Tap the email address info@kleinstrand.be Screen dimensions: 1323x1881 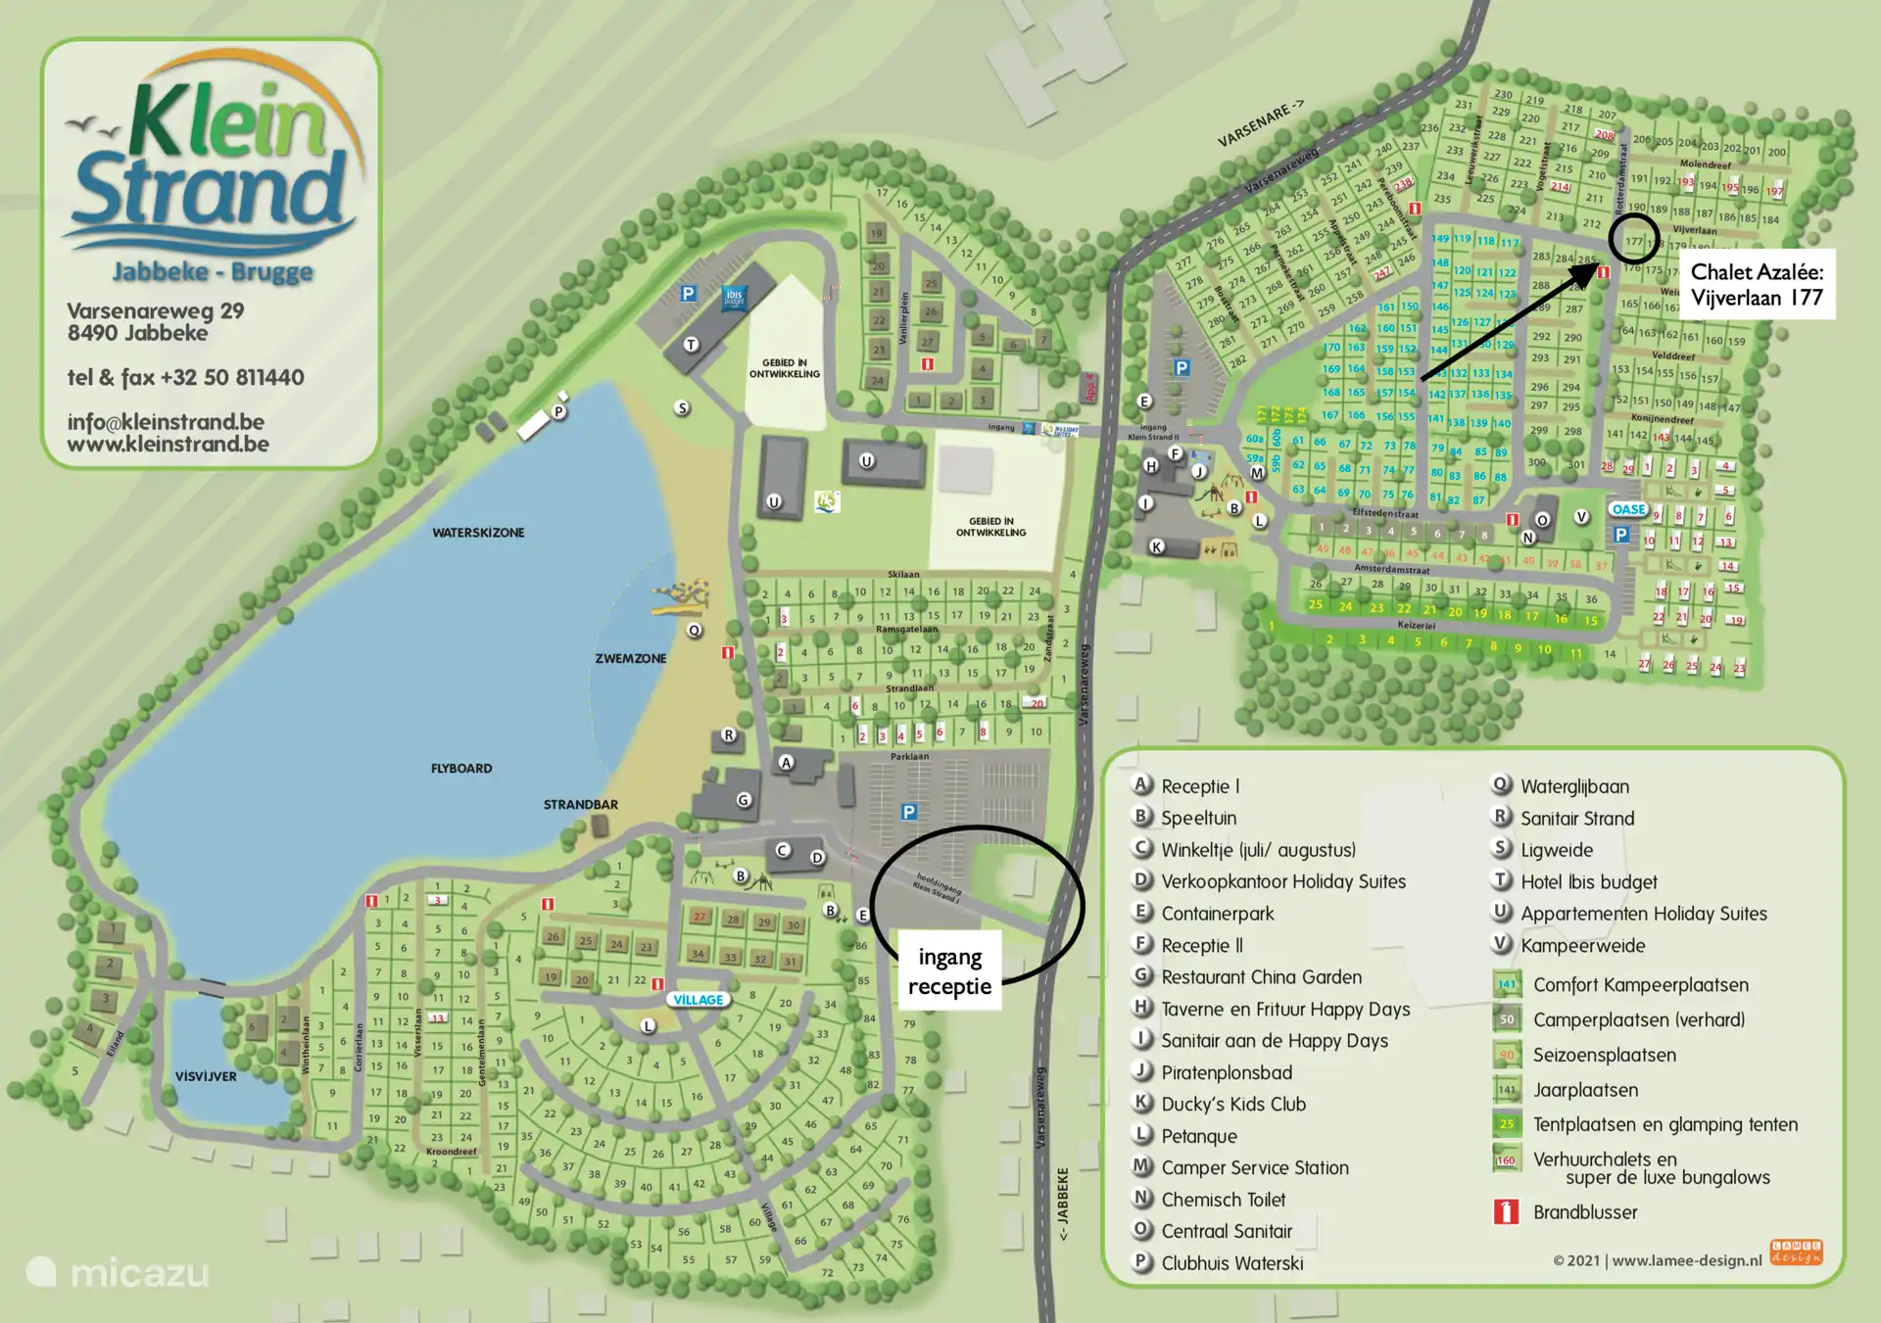tap(166, 421)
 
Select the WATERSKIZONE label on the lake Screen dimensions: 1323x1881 tap(478, 533)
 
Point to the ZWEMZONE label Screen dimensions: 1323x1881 tap(630, 658)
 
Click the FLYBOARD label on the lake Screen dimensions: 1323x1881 tap(461, 769)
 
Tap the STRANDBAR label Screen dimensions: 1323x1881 tap(580, 805)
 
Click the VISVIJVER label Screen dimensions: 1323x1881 tap(206, 1076)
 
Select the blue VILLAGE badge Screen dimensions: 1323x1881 tap(698, 1000)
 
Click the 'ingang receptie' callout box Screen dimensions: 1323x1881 tap(949, 971)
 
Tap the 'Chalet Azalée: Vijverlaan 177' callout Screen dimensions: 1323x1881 tap(1757, 285)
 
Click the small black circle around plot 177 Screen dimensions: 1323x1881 tap(1633, 240)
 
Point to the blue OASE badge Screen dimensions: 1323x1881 tap(1628, 509)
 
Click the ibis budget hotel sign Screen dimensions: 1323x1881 tap(734, 296)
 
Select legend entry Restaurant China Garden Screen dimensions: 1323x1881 tap(1261, 976)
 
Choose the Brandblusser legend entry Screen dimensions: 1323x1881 tap(1584, 1212)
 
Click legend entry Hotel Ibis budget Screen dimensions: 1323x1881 tap(1588, 881)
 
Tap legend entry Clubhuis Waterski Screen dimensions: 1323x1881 tap(1231, 1263)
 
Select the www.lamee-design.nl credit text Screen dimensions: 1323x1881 tap(1686, 1260)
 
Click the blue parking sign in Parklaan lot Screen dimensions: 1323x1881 tap(909, 812)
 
